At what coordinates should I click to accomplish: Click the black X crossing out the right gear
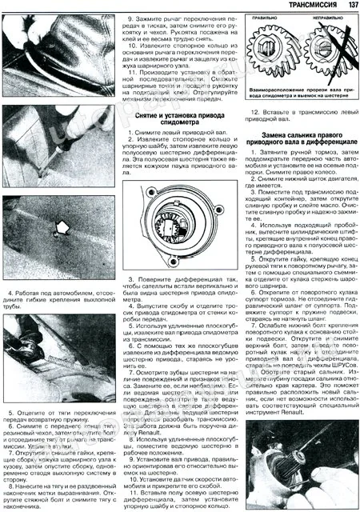[x=329, y=58]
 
